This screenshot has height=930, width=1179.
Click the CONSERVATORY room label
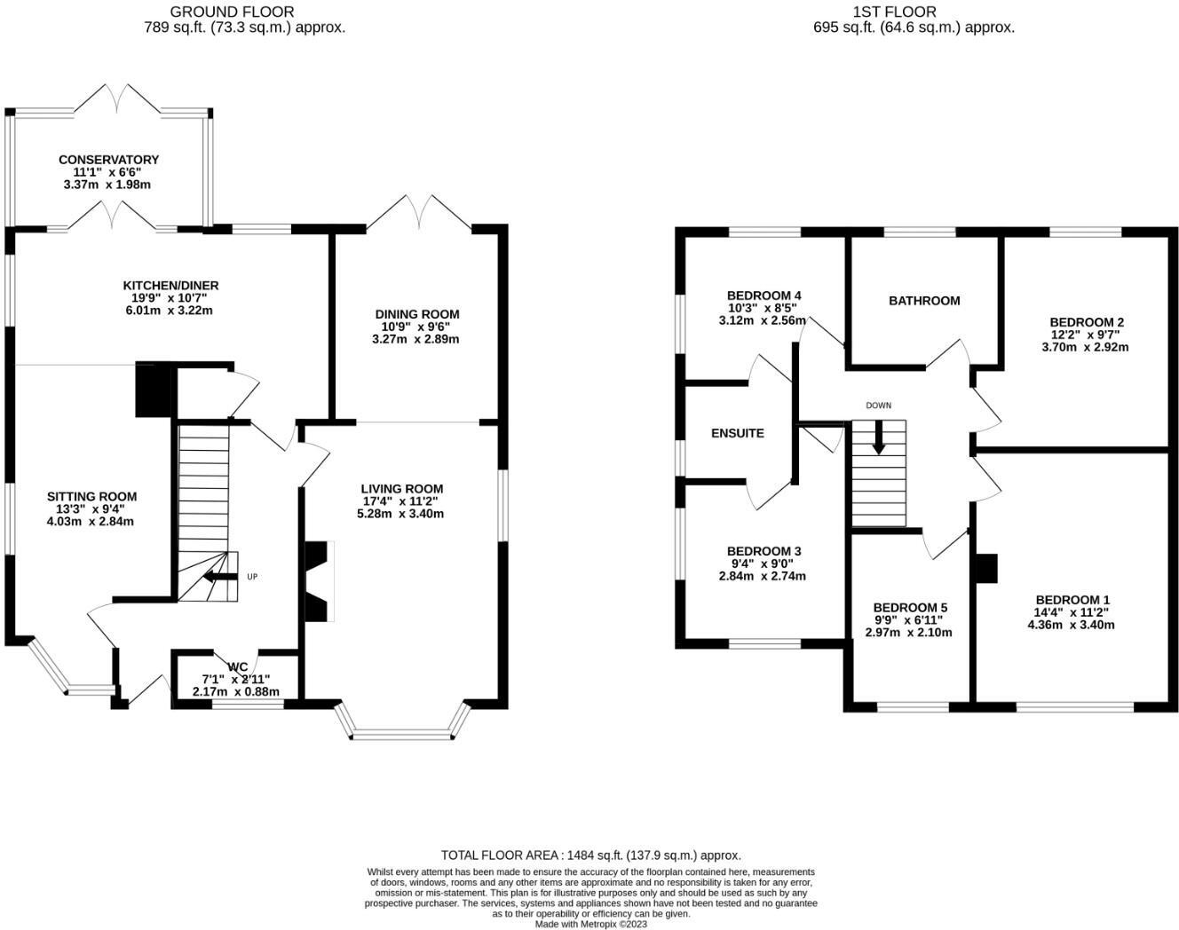tap(108, 160)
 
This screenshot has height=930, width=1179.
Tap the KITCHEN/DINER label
tap(170, 286)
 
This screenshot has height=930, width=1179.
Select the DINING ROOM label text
tap(416, 314)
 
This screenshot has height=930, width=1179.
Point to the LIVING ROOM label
tap(401, 489)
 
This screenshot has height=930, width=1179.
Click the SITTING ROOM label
tap(91, 497)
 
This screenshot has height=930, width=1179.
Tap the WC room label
tap(237, 667)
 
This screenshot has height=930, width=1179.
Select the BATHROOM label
tap(924, 301)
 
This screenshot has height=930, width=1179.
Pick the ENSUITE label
tap(737, 434)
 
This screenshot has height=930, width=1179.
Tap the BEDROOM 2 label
tap(1087, 322)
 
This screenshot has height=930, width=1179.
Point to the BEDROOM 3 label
tap(764, 551)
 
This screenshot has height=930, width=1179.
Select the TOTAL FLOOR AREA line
tap(590, 855)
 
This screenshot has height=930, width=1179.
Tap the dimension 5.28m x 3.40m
tap(400, 514)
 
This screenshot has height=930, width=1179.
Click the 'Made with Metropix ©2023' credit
tap(590, 924)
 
